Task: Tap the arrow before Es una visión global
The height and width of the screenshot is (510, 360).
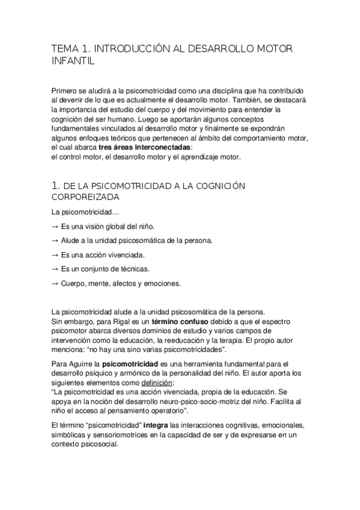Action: [x=55, y=227]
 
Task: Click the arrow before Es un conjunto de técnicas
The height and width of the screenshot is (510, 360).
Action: [x=55, y=269]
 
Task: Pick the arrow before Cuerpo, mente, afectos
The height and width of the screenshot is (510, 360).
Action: [x=55, y=284]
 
